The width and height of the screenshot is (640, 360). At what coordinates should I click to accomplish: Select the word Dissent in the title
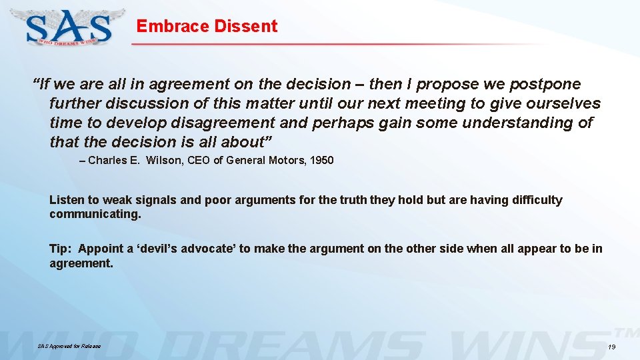point(245,27)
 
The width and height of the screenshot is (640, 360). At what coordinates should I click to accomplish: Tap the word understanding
point(518,123)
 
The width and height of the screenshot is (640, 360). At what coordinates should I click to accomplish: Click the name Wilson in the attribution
point(162,161)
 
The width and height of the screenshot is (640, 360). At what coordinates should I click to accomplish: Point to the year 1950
point(320,161)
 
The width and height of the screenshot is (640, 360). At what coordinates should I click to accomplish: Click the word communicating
point(95,215)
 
